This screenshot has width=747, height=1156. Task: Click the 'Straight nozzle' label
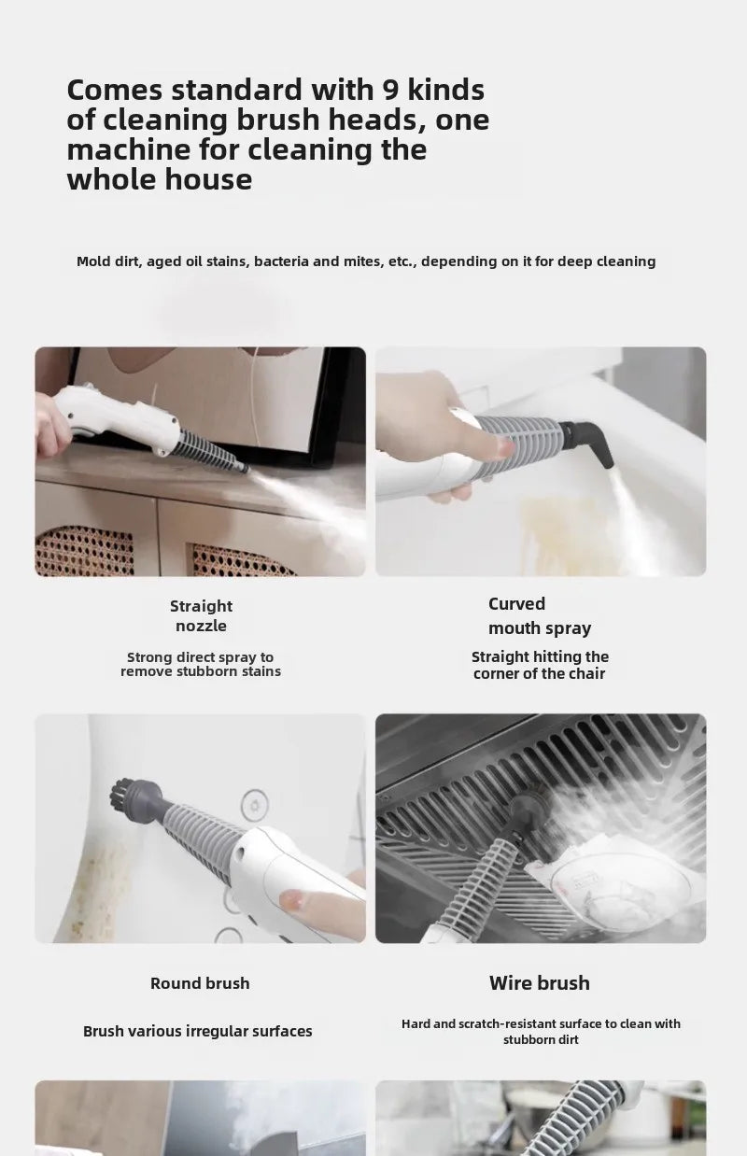(x=202, y=615)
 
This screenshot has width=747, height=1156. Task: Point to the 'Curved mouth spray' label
(x=540, y=616)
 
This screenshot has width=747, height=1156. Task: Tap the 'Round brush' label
(x=200, y=983)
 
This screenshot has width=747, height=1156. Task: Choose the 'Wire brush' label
(x=540, y=983)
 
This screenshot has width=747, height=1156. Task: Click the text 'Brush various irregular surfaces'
(x=198, y=1031)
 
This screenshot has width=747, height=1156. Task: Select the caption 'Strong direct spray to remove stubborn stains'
(x=201, y=664)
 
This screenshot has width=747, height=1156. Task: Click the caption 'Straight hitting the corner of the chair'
(x=540, y=665)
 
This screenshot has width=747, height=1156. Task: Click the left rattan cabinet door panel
(x=85, y=551)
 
